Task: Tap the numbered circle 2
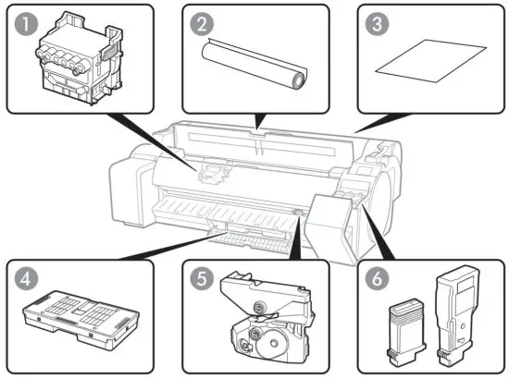[198, 22]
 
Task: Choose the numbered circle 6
[374, 277]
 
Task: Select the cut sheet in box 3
[420, 69]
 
